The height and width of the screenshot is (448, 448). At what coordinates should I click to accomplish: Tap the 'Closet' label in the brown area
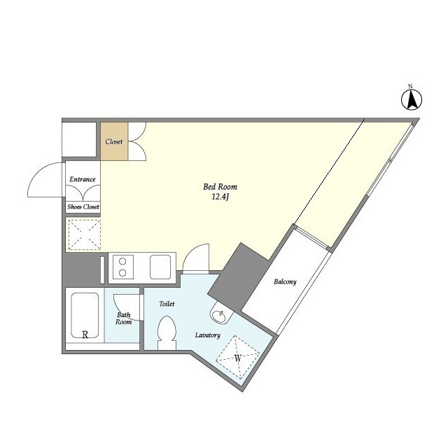tap(114, 141)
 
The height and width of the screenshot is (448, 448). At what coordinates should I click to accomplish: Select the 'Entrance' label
tap(83, 179)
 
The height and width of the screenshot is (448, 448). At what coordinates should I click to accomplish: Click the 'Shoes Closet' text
tap(83, 207)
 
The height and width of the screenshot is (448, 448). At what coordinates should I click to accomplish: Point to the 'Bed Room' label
tap(220, 187)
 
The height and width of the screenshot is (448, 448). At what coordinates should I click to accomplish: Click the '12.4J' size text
tap(220, 197)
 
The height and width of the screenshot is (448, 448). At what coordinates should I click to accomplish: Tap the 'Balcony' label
tap(285, 281)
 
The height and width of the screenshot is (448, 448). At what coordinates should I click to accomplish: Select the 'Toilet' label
tap(167, 304)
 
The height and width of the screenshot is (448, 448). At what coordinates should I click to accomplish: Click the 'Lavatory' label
tap(208, 335)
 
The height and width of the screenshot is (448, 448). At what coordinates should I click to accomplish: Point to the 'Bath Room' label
tap(124, 318)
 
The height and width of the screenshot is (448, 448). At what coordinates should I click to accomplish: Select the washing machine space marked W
tap(238, 357)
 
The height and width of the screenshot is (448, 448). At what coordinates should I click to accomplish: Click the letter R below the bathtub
tap(85, 335)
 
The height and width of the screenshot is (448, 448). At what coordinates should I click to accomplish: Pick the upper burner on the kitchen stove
tap(122, 261)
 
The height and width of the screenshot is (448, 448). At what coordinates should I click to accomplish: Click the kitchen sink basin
tap(160, 267)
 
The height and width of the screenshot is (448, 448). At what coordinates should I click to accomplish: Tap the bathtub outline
tap(85, 315)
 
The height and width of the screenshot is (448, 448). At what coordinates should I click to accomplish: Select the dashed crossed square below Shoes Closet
tap(85, 235)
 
